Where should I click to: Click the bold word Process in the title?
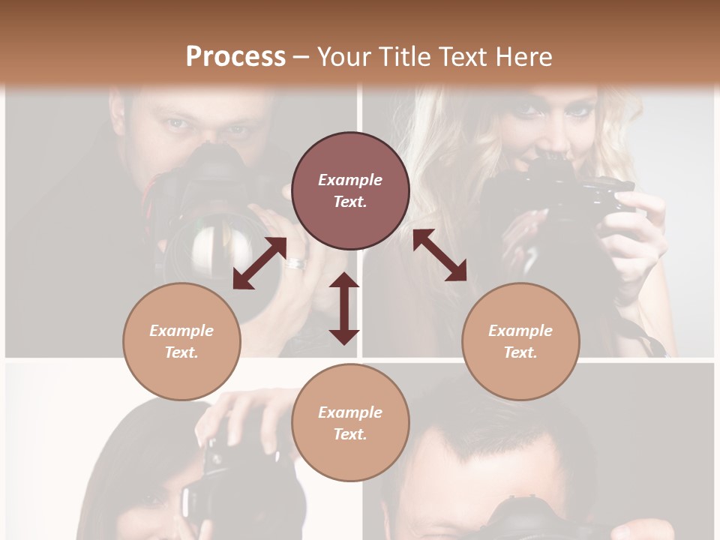(235, 56)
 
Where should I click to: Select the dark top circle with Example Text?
(350, 190)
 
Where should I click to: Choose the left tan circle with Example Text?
(181, 341)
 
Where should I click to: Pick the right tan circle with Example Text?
(520, 341)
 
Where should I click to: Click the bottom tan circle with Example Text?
(350, 423)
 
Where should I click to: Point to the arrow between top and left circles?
(259, 263)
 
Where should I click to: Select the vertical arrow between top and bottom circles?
(344, 308)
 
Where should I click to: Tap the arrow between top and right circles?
(439, 255)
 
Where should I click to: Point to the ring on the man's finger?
(295, 263)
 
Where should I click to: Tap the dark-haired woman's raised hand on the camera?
(240, 412)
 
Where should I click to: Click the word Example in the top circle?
(350, 180)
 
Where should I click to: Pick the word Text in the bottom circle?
(350, 434)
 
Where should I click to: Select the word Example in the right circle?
(520, 331)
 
